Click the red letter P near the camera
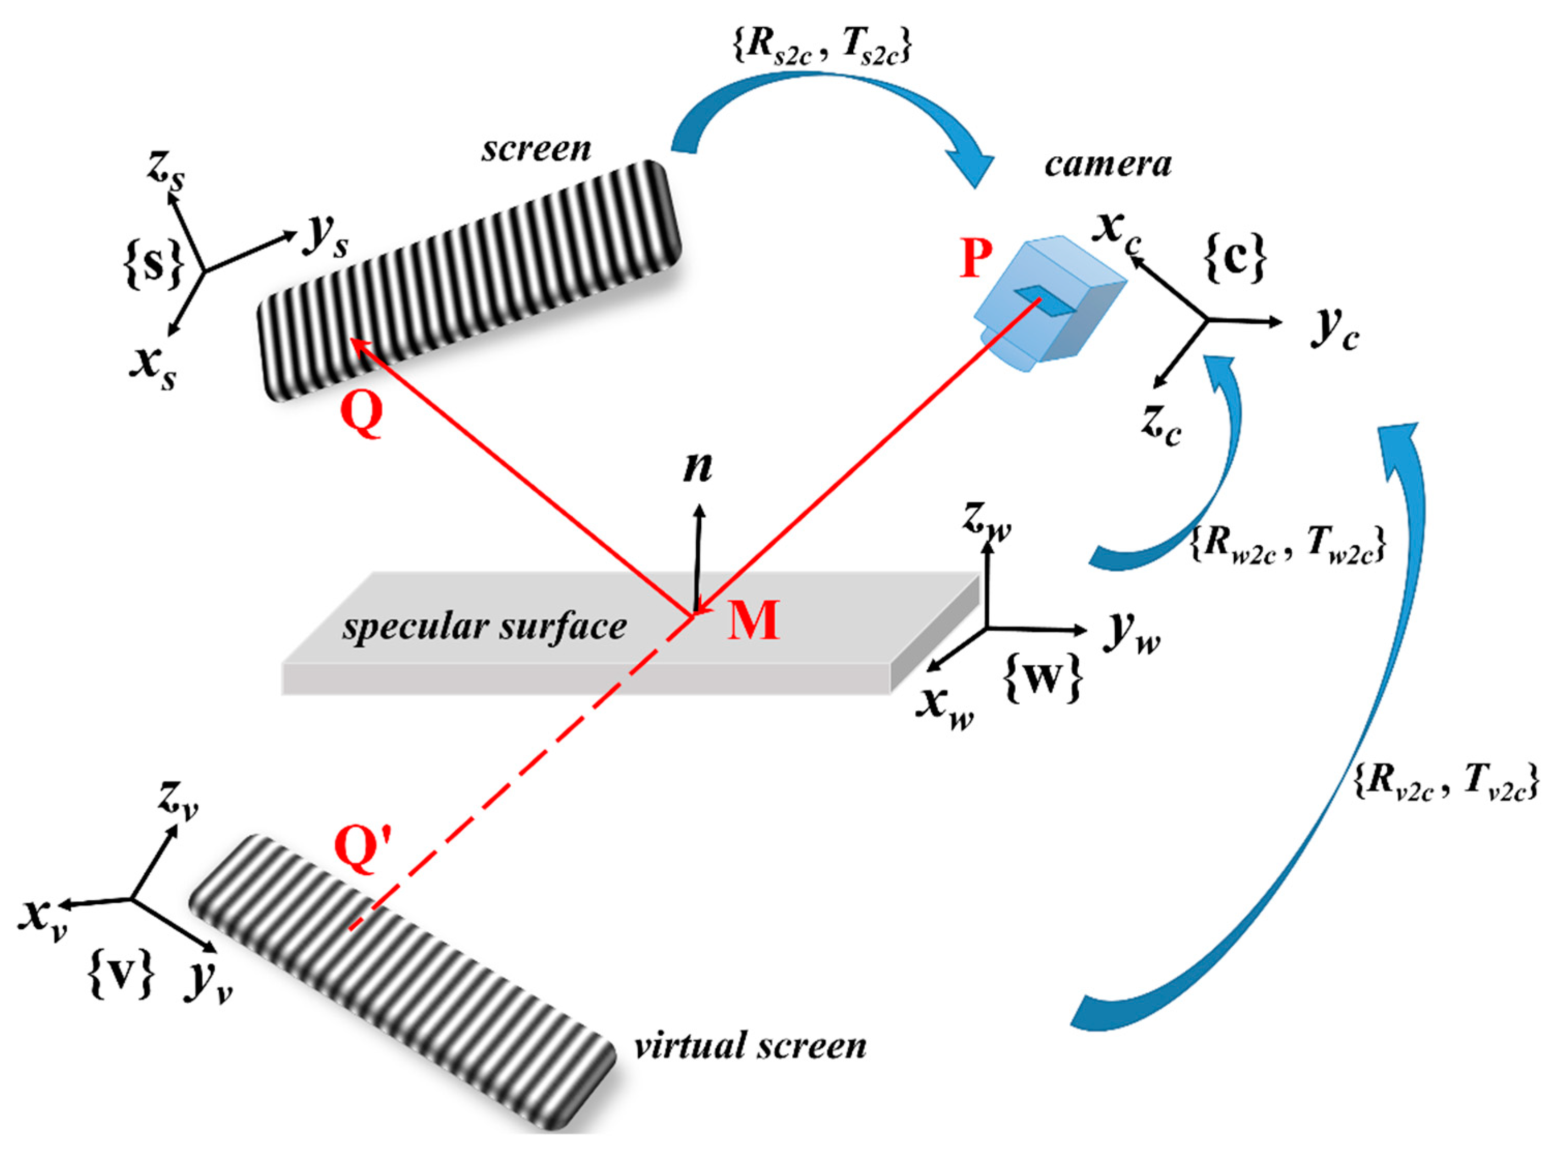tap(975, 258)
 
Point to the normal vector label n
tap(698, 467)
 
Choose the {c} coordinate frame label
tap(1235, 259)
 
